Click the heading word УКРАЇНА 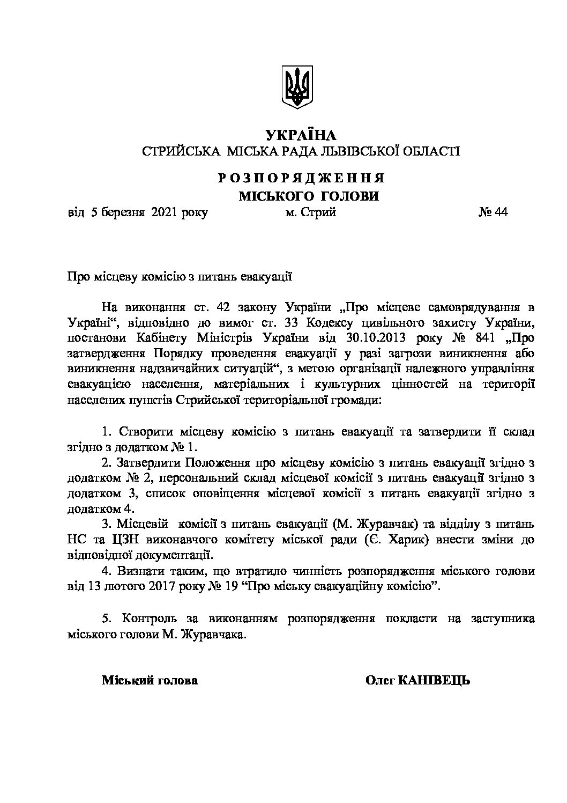(x=300, y=134)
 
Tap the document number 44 (x=501, y=212)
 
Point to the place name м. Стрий (x=311, y=212)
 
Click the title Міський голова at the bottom (x=150, y=681)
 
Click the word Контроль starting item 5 (x=144, y=618)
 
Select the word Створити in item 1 (x=143, y=431)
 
